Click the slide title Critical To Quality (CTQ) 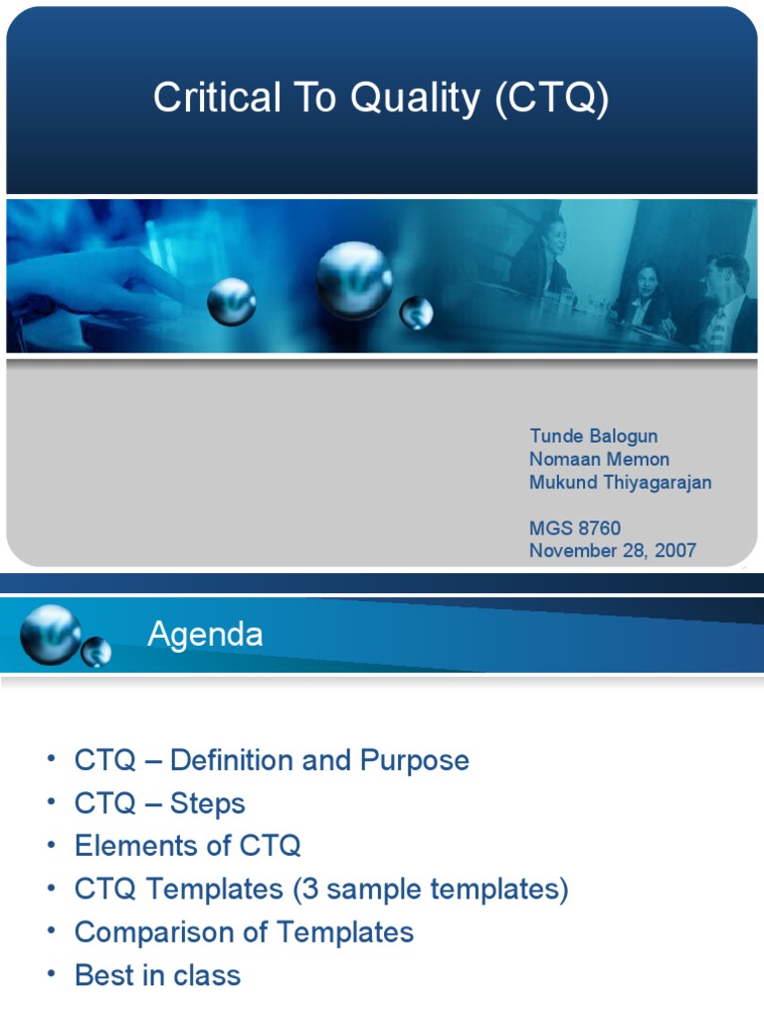[381, 99]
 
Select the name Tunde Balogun [593, 437]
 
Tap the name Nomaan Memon [599, 460]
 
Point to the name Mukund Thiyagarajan [620, 483]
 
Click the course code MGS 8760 [575, 528]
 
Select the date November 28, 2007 [612, 551]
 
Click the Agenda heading [205, 635]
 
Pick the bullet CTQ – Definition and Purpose [272, 761]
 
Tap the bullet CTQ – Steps [159, 804]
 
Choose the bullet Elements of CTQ [187, 847]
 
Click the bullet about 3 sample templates [321, 890]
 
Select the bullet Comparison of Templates [244, 932]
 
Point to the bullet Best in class [157, 975]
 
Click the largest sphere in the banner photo [354, 280]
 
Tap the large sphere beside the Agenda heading [50, 634]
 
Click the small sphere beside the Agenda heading [96, 652]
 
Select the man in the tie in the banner [723, 304]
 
